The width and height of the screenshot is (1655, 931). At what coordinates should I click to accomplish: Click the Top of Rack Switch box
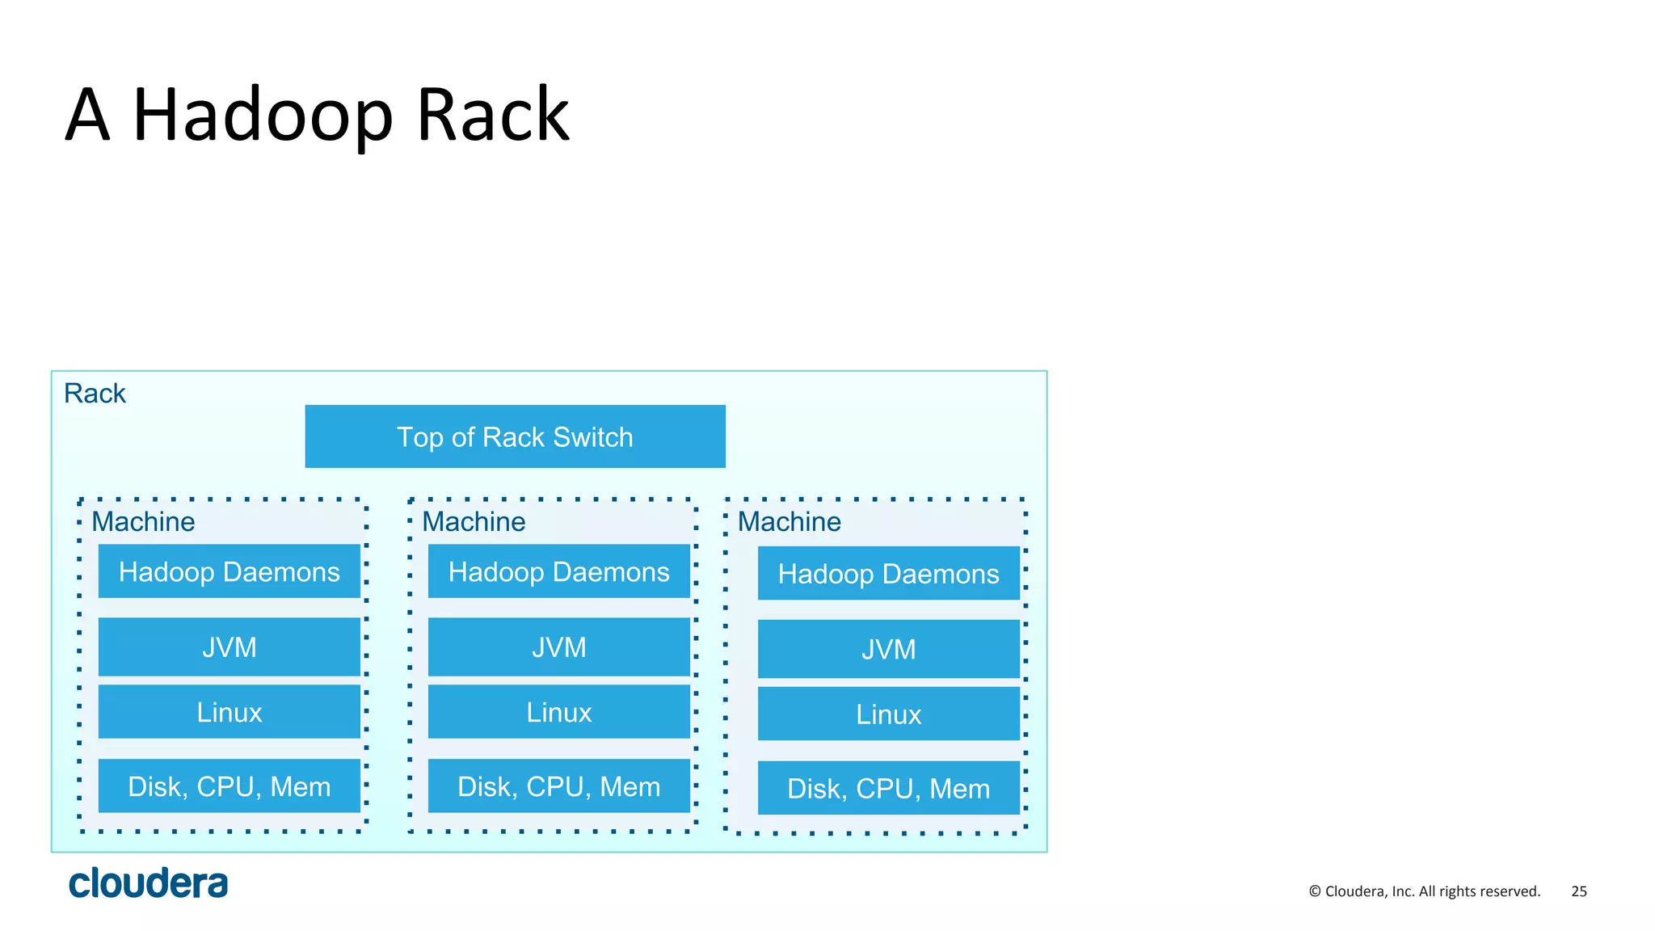(515, 436)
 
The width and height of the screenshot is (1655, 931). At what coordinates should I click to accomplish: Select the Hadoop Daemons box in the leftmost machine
(229, 571)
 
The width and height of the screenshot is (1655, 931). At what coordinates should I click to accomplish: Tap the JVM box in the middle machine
(558, 647)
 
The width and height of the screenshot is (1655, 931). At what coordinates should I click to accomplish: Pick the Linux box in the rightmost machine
(888, 714)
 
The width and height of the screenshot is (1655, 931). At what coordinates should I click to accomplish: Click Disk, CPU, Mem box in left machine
(229, 786)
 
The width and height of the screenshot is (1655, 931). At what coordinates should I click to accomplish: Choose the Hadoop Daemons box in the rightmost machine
(888, 573)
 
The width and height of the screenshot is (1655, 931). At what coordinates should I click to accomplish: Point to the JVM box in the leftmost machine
(229, 647)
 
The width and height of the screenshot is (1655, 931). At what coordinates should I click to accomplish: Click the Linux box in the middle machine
(558, 711)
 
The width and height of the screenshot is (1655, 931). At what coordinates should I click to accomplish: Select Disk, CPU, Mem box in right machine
(888, 788)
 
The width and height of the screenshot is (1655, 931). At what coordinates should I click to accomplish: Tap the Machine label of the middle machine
(474, 522)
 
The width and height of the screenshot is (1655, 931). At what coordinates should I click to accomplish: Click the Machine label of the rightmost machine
(789, 522)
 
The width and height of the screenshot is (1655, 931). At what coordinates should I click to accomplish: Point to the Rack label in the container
(95, 394)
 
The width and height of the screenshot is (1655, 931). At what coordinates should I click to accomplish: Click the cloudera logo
(148, 883)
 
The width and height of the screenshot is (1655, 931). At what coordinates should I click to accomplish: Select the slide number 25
(1578, 891)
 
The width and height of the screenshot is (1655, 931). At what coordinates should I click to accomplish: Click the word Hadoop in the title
(263, 116)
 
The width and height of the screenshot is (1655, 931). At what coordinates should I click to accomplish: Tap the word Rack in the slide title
(493, 116)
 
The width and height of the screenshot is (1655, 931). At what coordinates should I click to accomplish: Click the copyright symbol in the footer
(1315, 891)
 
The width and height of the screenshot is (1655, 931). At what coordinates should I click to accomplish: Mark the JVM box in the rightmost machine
(888, 649)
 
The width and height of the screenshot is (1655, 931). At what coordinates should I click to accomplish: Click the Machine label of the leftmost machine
(143, 522)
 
